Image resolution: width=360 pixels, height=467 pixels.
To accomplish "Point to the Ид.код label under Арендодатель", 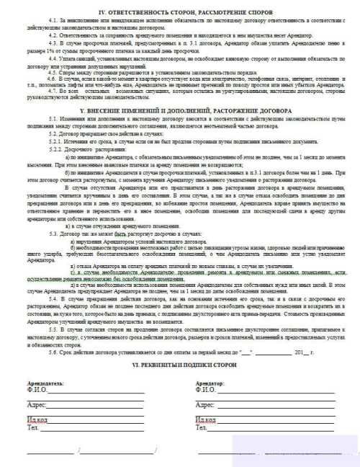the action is [x=37, y=419].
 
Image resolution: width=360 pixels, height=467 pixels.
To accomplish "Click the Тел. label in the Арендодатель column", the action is [x=31, y=427].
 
